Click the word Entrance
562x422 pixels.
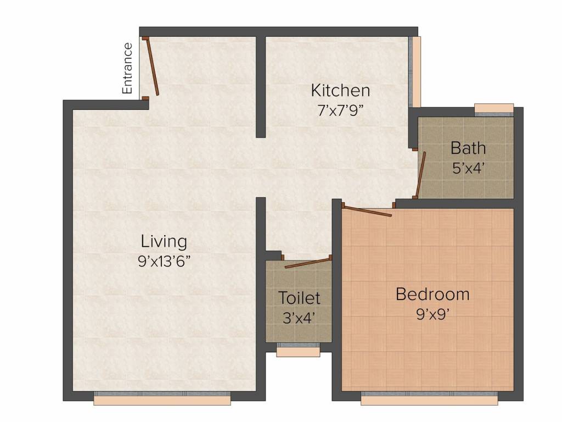tap(127, 68)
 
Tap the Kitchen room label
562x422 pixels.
tap(340, 90)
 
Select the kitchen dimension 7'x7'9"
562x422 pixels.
tap(340, 110)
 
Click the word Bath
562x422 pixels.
tap(468, 148)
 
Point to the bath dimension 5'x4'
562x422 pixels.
tap(469, 168)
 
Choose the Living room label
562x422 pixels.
tap(164, 241)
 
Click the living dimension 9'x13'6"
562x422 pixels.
tap(164, 261)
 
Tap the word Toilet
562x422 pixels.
tap(299, 298)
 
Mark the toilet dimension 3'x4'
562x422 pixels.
tap(299, 318)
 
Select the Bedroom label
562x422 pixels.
tap(432, 295)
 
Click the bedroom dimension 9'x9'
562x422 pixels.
tap(432, 314)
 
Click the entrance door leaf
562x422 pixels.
tap(152, 66)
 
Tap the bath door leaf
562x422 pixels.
tap(421, 174)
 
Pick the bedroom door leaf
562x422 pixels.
tap(367, 211)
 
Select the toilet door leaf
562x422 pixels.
tap(307, 263)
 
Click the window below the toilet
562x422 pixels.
tap(298, 350)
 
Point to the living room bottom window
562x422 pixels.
tap(162, 398)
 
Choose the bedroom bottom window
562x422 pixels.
tap(429, 398)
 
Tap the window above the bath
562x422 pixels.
tap(494, 110)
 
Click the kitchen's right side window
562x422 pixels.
tap(415, 72)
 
